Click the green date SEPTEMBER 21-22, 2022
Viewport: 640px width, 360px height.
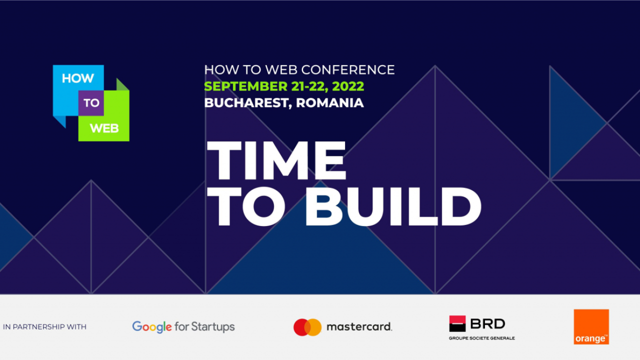pyautogui.click(x=284, y=86)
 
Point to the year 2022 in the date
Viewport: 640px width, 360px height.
pyautogui.click(x=348, y=86)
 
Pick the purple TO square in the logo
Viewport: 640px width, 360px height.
pyautogui.click(x=91, y=103)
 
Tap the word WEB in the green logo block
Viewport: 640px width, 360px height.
pyautogui.click(x=104, y=128)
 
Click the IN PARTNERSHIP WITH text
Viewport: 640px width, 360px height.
pyautogui.click(x=44, y=327)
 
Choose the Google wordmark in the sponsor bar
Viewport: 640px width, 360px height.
pyautogui.click(x=151, y=327)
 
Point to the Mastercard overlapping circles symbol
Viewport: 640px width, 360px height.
pyautogui.click(x=307, y=327)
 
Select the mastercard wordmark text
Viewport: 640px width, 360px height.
pyautogui.click(x=359, y=327)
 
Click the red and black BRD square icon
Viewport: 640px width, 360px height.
pyautogui.click(x=457, y=323)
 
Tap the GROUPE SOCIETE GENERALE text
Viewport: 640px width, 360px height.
pyautogui.click(x=481, y=338)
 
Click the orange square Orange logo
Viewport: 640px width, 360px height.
pyautogui.click(x=591, y=326)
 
